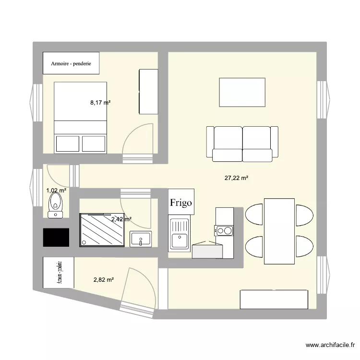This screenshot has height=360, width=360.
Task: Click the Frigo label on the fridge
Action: point(181,203)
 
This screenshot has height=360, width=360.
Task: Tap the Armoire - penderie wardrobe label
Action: point(71,63)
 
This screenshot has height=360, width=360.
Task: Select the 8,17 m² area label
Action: point(101,102)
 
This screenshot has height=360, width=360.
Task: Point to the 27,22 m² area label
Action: point(236,178)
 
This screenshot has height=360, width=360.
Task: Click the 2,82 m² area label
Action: point(103,279)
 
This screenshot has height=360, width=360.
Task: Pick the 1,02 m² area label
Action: point(56,191)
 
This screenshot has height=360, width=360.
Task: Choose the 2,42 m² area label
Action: point(121,219)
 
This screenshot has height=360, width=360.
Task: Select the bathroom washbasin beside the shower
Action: point(141,238)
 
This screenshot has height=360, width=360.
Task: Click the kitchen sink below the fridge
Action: point(180,234)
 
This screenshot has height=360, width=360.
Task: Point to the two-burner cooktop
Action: point(224,231)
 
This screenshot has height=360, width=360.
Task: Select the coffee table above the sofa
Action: point(242,92)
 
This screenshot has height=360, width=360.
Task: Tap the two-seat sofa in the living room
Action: point(242,143)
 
